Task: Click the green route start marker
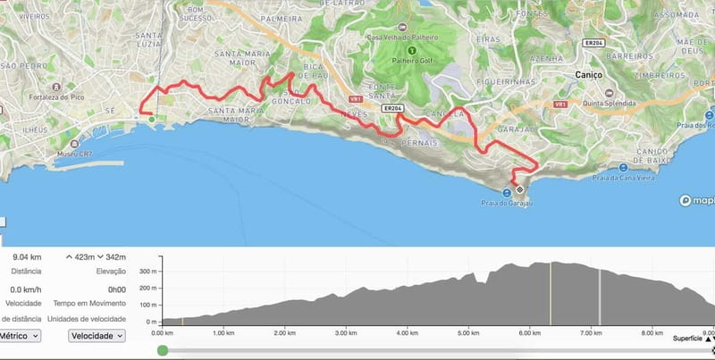pos(151,119)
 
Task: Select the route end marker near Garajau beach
pos(519,190)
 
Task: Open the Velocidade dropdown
pos(97,336)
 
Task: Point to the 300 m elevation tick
pos(146,269)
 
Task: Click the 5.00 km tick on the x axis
pos(468,332)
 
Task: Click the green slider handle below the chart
pos(162,351)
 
